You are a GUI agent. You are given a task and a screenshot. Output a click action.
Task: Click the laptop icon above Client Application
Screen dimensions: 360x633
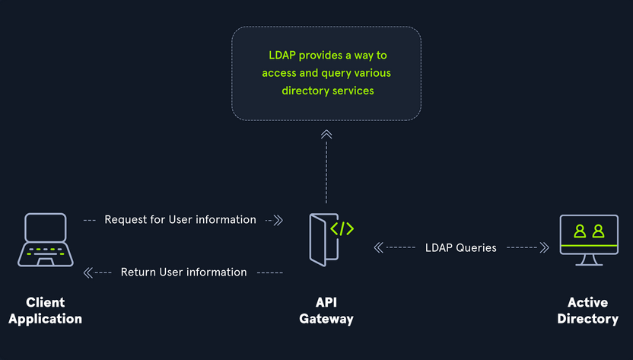pos(46,239)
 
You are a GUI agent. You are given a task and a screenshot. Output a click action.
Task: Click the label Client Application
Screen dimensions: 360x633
pos(46,311)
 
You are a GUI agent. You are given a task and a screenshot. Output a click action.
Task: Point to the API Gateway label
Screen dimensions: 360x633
pos(326,311)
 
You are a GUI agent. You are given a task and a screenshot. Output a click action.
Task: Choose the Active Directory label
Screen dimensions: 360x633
pos(587,311)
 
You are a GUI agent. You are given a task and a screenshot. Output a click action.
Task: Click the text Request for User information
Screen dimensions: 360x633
pos(180,220)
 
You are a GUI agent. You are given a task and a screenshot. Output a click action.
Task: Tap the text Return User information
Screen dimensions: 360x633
pos(183,272)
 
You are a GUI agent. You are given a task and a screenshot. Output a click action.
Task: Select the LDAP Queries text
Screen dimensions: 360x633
pos(461,247)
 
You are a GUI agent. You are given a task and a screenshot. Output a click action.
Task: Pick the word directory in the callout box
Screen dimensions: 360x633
pos(305,91)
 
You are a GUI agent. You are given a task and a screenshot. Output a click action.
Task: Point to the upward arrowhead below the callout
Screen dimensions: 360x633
pos(326,135)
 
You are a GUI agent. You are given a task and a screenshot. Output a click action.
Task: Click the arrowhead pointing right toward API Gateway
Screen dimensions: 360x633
pos(278,221)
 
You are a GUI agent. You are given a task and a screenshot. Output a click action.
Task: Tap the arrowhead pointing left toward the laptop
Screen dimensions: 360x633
pos(87,272)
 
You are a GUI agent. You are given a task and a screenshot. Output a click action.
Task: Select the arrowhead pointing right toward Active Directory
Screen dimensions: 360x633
pos(545,247)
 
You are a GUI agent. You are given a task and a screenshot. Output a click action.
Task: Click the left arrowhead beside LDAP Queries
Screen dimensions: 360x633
pos(378,247)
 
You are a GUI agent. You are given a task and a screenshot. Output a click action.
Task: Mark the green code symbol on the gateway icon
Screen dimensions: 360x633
pos(342,228)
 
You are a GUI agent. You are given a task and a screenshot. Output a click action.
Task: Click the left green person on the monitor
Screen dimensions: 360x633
pos(580,231)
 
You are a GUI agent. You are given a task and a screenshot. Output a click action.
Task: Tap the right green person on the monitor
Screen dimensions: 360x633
pos(598,231)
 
